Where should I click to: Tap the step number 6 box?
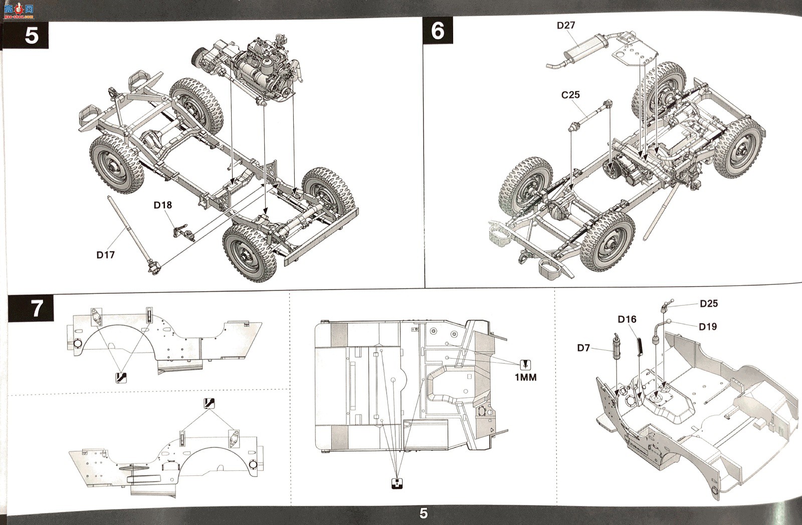[438, 31]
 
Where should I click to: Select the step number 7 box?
[31, 308]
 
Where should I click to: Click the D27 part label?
[566, 26]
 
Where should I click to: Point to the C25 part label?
[570, 95]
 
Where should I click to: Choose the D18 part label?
[162, 205]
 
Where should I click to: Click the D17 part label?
[106, 255]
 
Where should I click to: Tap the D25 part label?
[709, 304]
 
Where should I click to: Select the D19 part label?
[708, 327]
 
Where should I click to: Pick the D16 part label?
[627, 319]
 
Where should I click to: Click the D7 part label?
[583, 348]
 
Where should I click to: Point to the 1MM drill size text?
[526, 377]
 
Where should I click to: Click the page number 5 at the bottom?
[424, 513]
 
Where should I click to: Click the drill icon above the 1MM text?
[525, 365]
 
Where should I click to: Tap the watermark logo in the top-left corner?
[19, 11]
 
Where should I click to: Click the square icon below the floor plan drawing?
[396, 483]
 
